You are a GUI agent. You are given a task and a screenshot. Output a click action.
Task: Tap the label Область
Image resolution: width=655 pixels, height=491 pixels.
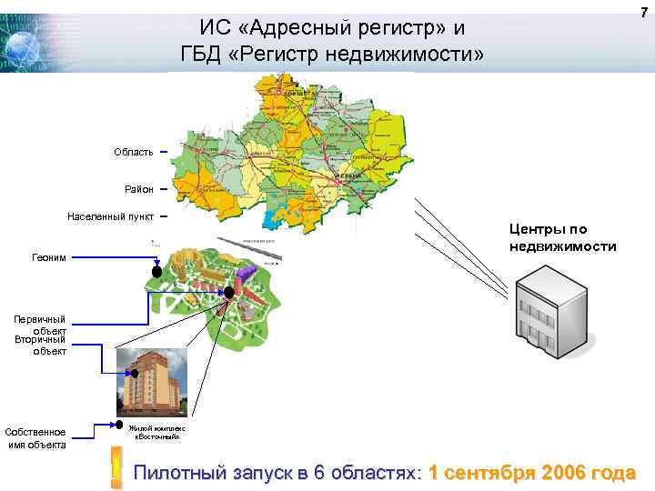click(133, 152)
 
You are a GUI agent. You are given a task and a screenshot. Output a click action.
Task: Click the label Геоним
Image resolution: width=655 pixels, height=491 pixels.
click(50, 258)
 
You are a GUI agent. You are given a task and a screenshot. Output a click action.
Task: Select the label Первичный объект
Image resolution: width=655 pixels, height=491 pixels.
click(46, 325)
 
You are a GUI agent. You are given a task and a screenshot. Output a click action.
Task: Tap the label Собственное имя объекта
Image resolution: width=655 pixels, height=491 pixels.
click(35, 437)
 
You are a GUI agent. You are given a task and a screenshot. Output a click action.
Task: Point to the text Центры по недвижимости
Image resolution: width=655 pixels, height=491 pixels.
click(562, 238)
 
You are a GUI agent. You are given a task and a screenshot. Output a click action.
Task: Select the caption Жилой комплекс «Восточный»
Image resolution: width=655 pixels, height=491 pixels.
click(156, 432)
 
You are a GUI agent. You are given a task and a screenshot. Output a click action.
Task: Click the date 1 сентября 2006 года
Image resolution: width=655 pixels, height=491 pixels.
click(531, 474)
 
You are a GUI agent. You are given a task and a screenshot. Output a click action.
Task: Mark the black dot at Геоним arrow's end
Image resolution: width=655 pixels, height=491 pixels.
click(156, 272)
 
